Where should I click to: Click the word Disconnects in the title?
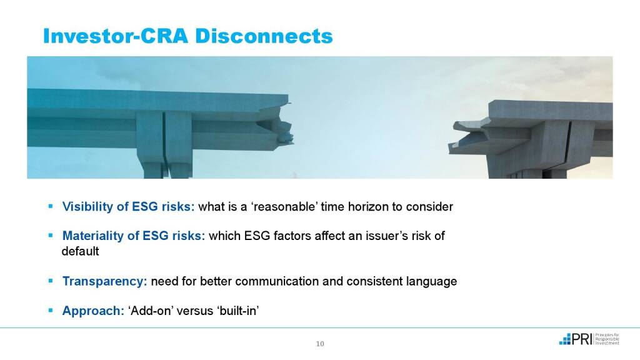pyautogui.click(x=264, y=36)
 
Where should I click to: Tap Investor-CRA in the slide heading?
pyautogui.click(x=116, y=36)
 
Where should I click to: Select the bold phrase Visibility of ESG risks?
pyautogui.click(x=128, y=206)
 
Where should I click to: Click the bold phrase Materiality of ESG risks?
pyautogui.click(x=134, y=236)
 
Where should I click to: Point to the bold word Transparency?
pyautogui.click(x=104, y=282)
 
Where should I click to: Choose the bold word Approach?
pyautogui.click(x=93, y=311)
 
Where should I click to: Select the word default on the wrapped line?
pyautogui.click(x=80, y=251)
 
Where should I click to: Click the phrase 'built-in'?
pyautogui.click(x=238, y=311)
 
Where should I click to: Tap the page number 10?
pyautogui.click(x=320, y=344)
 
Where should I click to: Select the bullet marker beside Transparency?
pyautogui.click(x=51, y=281)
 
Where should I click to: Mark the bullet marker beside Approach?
pyautogui.click(x=51, y=310)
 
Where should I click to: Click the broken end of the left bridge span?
pyautogui.click(x=286, y=122)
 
